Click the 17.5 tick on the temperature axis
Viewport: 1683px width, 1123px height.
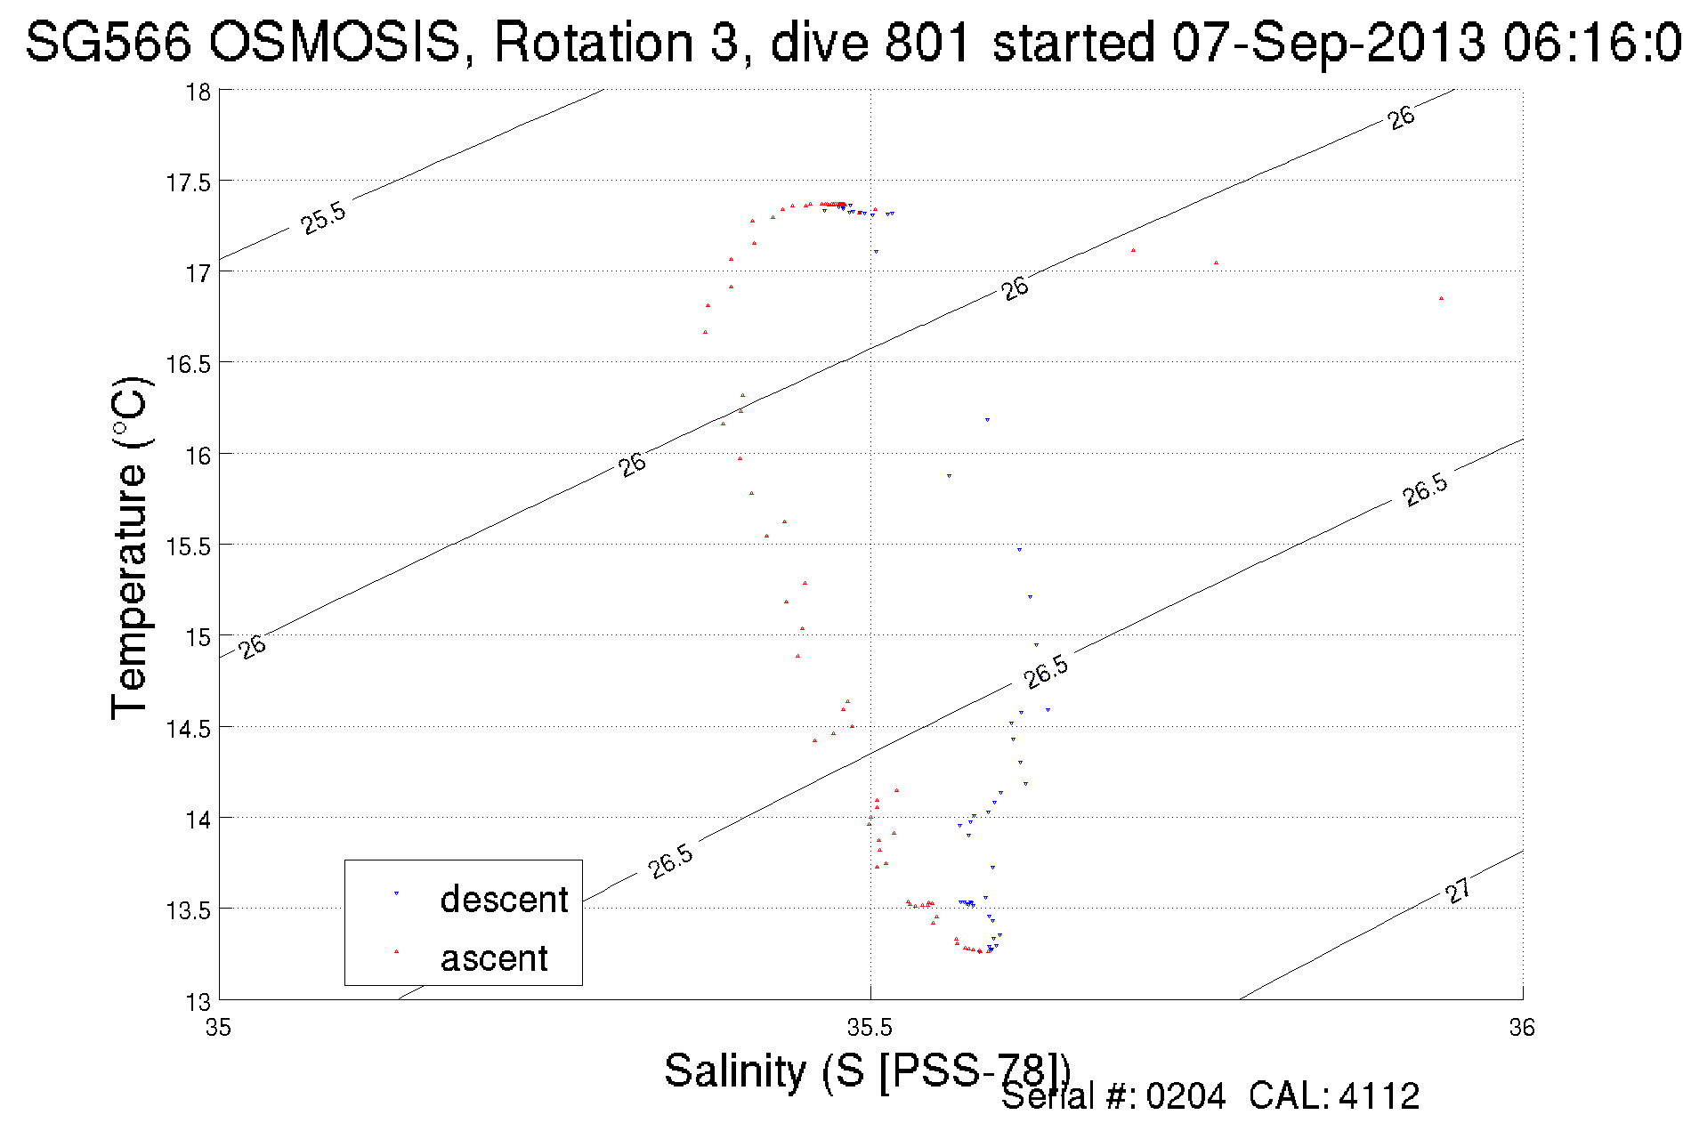click(x=188, y=182)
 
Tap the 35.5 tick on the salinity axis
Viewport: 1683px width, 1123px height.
click(x=870, y=1028)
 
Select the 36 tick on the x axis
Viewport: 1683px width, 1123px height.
click(x=1521, y=1028)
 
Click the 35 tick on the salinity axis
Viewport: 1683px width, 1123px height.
click(x=219, y=1028)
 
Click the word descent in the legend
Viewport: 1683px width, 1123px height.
click(x=504, y=899)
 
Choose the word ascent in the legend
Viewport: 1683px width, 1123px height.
click(x=494, y=958)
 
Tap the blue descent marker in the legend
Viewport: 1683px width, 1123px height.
click(x=396, y=893)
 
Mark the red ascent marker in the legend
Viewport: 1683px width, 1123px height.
click(x=396, y=952)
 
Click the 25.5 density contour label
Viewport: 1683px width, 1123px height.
click(x=323, y=218)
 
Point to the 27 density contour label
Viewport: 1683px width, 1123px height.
click(x=1458, y=890)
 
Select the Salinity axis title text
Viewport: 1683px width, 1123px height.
click(x=866, y=1070)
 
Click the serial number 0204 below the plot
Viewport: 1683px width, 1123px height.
click(x=1185, y=1096)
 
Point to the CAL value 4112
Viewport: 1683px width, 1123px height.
click(x=1379, y=1096)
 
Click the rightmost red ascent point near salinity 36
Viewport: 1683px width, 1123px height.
click(x=1441, y=299)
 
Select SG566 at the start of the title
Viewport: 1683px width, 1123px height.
click(x=109, y=42)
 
